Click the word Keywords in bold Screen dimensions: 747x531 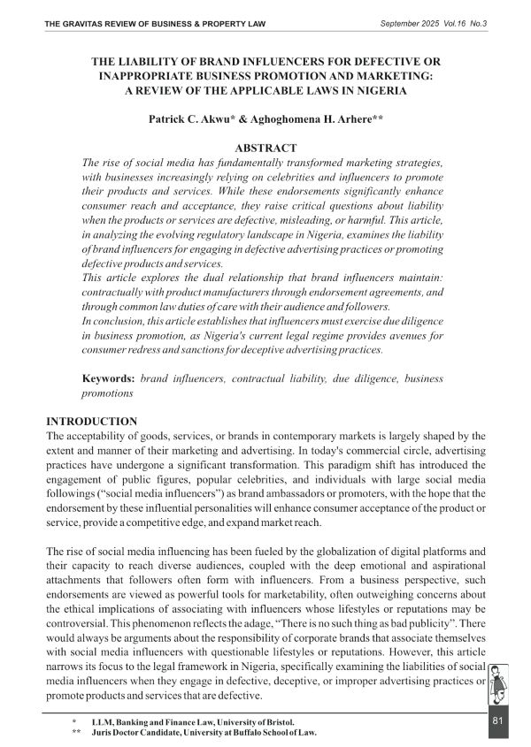[108, 377]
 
